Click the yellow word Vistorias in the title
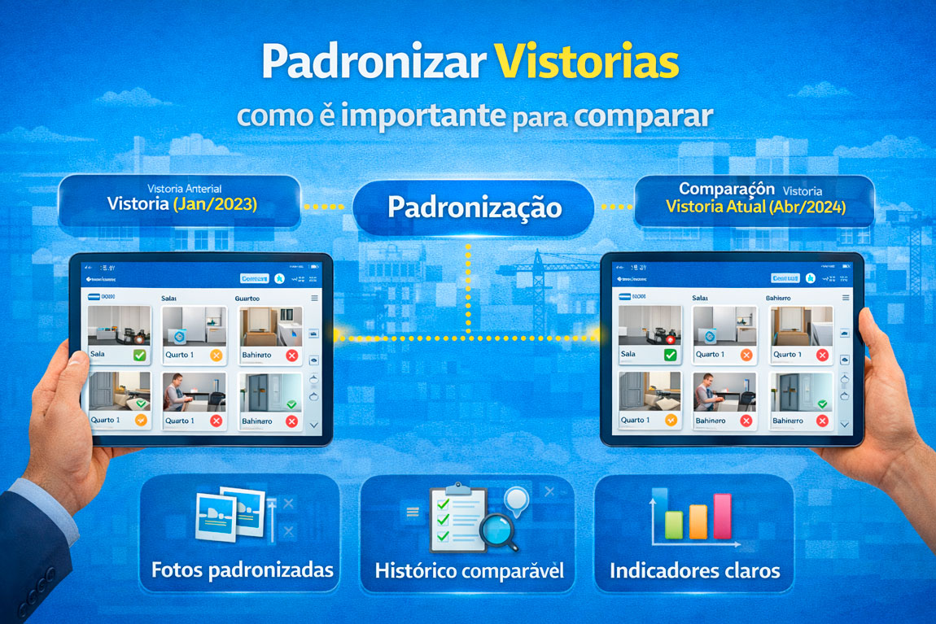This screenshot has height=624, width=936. (x=586, y=63)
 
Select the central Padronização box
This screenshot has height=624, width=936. (x=474, y=207)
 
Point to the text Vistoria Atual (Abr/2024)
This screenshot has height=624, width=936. (x=755, y=207)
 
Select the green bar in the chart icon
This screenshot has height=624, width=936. (x=673, y=525)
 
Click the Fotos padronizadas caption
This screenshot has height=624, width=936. (x=242, y=569)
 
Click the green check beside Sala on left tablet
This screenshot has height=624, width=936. (x=139, y=356)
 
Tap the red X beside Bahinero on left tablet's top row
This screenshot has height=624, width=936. (x=291, y=356)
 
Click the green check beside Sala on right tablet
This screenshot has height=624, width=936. (x=670, y=355)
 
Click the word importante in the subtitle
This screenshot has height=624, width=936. (x=423, y=116)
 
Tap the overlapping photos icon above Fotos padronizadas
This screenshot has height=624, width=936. (x=231, y=513)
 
